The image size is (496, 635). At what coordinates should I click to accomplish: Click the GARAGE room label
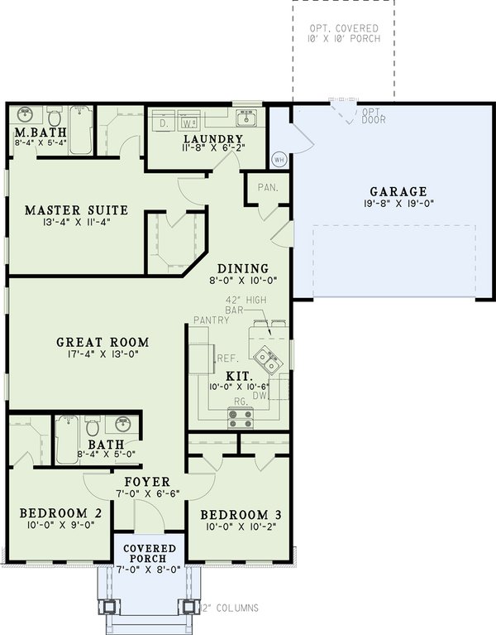[x=393, y=190]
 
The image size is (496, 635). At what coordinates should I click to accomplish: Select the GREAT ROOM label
[x=103, y=341]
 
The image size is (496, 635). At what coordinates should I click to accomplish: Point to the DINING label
[x=242, y=268]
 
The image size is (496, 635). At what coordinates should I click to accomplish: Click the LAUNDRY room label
[x=213, y=139]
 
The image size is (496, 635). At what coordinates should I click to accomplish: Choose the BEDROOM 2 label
[x=55, y=512]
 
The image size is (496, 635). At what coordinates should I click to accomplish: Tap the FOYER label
[x=147, y=481]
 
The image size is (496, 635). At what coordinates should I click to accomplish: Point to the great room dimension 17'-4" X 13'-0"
[x=103, y=354]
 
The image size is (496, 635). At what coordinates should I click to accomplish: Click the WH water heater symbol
[x=279, y=159]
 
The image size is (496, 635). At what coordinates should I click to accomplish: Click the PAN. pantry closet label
[x=266, y=187]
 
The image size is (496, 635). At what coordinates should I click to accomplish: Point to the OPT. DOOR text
[x=373, y=116]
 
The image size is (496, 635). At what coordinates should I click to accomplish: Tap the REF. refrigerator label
[x=227, y=358]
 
